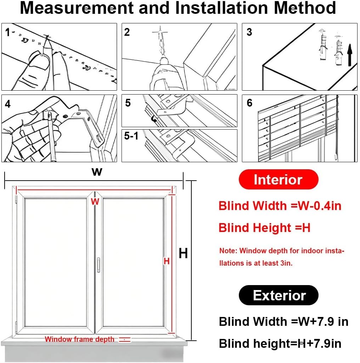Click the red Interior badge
(x=278, y=180)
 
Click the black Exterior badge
(x=279, y=295)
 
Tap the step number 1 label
(x=7, y=33)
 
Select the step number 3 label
(x=249, y=32)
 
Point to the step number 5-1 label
(x=131, y=136)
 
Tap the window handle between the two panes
(x=98, y=265)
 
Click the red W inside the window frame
(x=95, y=202)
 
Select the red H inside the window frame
(x=167, y=261)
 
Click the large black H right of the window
(x=183, y=254)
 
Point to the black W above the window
(x=97, y=172)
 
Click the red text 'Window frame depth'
(x=79, y=339)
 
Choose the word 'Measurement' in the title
(x=76, y=8)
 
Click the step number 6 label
(x=249, y=103)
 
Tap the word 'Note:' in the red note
(x=228, y=251)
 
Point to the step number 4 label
(x=8, y=104)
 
